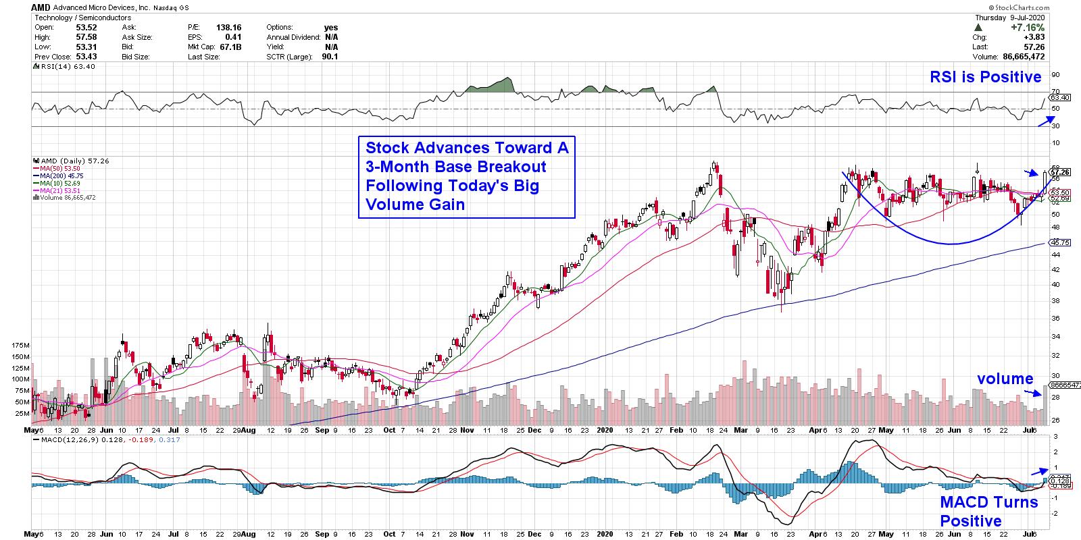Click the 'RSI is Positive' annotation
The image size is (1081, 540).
(986, 78)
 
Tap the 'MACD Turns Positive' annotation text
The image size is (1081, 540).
(988, 512)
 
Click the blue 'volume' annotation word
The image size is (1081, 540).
(1005, 379)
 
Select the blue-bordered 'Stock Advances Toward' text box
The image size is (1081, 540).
(466, 176)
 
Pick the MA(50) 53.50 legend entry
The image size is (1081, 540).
(59, 168)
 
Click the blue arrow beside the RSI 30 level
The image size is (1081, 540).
(1045, 121)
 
